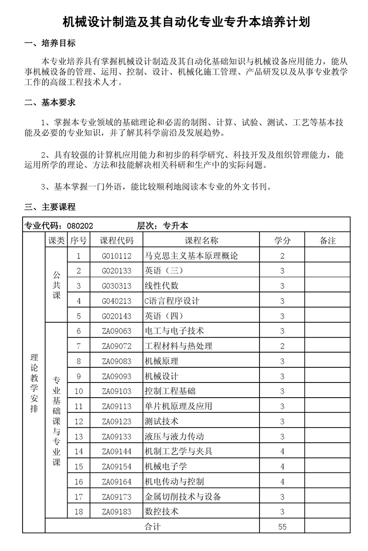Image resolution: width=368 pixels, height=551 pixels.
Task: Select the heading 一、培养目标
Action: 50,44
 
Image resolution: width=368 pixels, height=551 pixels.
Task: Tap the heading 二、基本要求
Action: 50,102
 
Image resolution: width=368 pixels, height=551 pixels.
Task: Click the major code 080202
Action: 80,225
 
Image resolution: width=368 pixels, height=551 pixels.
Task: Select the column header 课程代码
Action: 117,241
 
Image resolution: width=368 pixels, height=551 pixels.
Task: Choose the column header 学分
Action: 282,241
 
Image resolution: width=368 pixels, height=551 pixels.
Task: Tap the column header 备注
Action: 328,241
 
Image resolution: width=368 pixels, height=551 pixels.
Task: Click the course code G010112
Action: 117,256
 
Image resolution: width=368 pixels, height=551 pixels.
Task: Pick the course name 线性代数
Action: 161,286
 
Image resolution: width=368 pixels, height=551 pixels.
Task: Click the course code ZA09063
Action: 117,331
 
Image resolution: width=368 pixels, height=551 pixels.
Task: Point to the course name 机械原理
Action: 161,361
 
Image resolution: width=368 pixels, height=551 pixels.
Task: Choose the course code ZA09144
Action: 117,451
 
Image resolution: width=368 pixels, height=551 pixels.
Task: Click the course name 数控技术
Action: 161,512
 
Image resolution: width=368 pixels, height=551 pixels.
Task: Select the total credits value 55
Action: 282,527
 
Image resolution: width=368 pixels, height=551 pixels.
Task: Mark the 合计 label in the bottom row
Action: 153,527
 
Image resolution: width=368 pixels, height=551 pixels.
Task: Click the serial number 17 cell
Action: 79,497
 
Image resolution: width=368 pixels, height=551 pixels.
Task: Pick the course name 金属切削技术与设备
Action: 183,497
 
